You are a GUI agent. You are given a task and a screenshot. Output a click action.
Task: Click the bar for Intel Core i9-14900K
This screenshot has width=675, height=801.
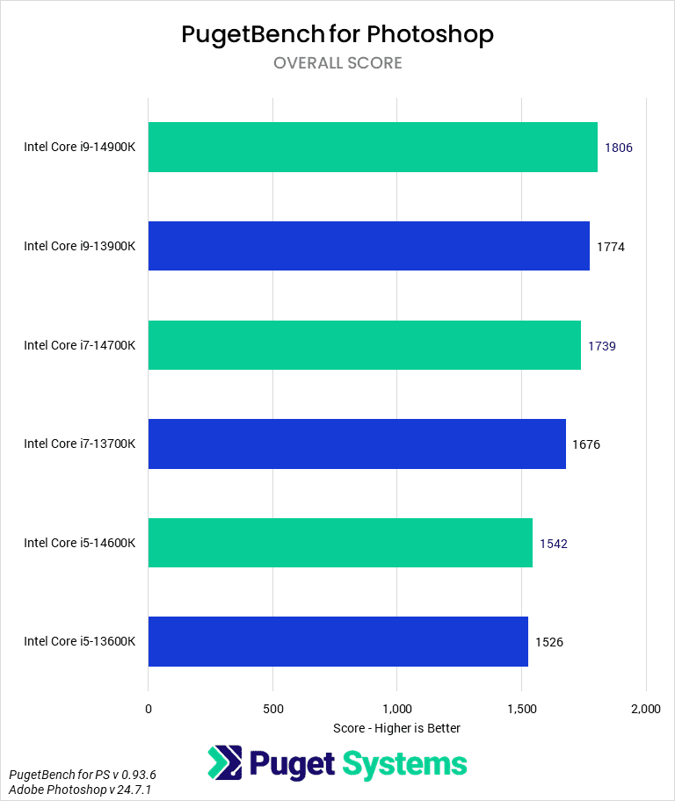tap(373, 147)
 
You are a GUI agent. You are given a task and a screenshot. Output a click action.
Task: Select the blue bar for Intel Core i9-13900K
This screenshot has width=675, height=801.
tap(368, 246)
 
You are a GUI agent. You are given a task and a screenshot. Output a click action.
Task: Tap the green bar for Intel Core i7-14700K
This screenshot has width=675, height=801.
tap(364, 345)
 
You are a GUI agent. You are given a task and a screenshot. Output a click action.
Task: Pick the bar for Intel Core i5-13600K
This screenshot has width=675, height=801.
tap(337, 641)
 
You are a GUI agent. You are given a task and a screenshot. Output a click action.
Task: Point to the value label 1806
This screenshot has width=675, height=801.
tap(619, 148)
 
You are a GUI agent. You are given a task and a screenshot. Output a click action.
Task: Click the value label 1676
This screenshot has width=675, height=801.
tap(586, 444)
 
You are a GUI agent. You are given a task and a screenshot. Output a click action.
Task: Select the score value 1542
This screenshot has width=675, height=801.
tap(554, 544)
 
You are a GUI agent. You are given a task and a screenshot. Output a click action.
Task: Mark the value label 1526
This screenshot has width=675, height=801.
tap(549, 642)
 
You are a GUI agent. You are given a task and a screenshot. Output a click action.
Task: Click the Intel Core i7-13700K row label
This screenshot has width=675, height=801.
tap(80, 444)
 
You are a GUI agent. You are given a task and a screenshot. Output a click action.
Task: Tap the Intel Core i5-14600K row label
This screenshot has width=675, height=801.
tap(80, 543)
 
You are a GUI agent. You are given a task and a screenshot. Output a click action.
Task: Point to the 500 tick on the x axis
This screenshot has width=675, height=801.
tap(272, 709)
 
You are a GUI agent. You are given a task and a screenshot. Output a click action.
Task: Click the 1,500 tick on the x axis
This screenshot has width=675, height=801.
tap(522, 709)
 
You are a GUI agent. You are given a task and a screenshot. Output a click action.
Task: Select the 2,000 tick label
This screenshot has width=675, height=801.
tap(646, 709)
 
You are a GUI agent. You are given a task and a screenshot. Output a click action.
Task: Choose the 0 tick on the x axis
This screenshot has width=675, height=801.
tap(149, 709)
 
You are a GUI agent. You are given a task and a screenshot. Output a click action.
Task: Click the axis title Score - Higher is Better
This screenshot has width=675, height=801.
tap(397, 728)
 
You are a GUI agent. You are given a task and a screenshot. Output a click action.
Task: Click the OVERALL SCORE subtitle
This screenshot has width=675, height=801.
tap(337, 63)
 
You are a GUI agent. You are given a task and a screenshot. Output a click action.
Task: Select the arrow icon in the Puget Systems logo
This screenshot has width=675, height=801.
tap(225, 763)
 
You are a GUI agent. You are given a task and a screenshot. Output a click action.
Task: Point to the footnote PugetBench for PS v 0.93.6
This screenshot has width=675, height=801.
tap(83, 775)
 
